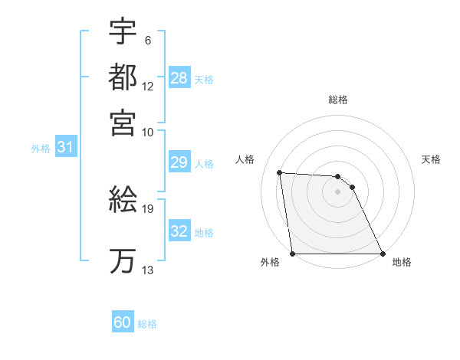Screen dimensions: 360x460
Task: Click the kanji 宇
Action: (x=123, y=32)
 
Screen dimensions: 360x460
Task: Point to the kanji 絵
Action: (x=123, y=200)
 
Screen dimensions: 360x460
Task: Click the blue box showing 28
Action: (x=179, y=78)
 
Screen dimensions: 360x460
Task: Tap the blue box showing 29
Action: (x=179, y=162)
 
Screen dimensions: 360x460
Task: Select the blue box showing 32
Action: (x=179, y=231)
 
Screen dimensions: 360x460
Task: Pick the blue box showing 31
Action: (x=65, y=148)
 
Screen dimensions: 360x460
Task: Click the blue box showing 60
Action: (x=122, y=322)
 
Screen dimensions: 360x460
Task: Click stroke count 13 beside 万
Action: (x=148, y=270)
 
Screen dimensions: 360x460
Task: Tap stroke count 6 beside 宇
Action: (x=147, y=41)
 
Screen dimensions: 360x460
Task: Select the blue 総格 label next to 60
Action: (x=147, y=324)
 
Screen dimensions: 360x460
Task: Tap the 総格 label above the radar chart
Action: (x=337, y=100)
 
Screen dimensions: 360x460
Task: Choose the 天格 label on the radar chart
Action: (x=431, y=159)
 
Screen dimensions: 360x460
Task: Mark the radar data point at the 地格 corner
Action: (x=382, y=254)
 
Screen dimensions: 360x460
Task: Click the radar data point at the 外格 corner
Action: (x=293, y=254)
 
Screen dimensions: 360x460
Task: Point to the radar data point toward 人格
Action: (x=280, y=173)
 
